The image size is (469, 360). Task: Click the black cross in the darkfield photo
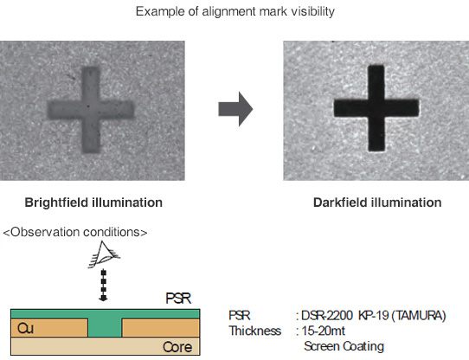376,108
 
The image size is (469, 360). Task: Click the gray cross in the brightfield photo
91,110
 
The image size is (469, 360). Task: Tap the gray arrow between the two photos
235,109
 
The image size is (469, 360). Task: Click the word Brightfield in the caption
56,202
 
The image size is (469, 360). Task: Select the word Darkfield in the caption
340,202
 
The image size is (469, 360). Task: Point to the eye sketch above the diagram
104,254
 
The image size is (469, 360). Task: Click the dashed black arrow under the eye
104,286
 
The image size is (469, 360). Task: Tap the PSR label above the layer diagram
178,299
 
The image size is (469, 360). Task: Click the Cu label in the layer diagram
25,328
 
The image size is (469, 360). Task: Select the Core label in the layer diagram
177,347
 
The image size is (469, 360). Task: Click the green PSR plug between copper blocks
105,327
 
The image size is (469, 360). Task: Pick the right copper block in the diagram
161,328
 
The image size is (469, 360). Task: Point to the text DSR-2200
326,316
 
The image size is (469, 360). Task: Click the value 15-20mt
323,331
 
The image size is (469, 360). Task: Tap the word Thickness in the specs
255,331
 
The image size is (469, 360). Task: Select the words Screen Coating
344,346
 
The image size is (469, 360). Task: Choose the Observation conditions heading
75,232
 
